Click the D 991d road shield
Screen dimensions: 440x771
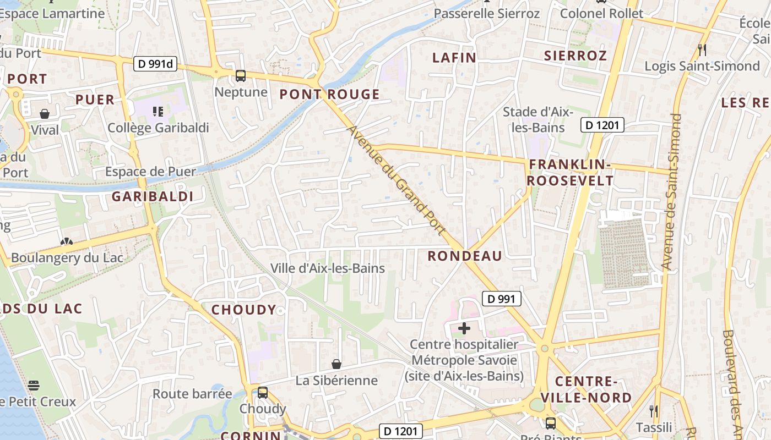point(155,64)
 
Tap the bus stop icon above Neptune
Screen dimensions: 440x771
point(241,76)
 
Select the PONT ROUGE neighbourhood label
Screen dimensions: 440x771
point(329,94)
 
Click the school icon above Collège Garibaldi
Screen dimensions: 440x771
point(158,112)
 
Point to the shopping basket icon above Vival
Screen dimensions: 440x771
point(45,114)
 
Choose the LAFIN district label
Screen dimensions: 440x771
point(454,57)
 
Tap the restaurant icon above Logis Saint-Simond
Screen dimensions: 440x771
point(702,50)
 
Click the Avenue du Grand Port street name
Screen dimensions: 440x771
point(396,179)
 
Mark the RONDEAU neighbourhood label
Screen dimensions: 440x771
point(465,256)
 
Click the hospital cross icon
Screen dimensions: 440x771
point(464,328)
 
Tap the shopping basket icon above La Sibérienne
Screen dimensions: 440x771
point(336,364)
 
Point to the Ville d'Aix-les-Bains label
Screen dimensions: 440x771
point(327,268)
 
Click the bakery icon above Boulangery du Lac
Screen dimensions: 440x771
point(67,242)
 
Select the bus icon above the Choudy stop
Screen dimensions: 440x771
point(263,393)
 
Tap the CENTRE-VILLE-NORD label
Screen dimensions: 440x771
point(585,389)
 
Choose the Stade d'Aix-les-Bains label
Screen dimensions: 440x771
point(537,119)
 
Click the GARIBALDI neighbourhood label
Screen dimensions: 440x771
point(152,196)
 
